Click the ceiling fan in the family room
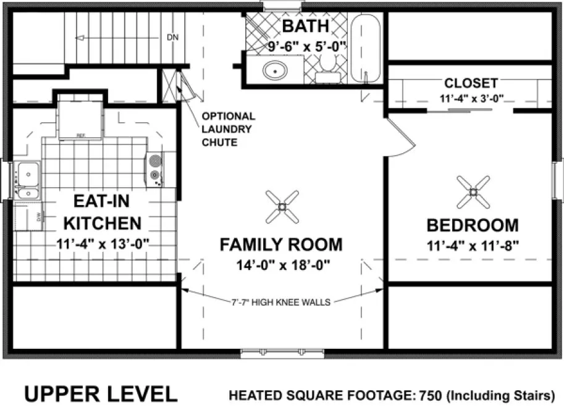pos(282,206)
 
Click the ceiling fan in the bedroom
pos(474,191)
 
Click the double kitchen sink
pos(28,180)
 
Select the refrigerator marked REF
pos(80,120)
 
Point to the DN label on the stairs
pos(173,38)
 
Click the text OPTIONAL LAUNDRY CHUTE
pos(228,129)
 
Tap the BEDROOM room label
pos(472,225)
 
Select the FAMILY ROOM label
pos(281,245)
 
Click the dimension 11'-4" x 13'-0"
pos(103,243)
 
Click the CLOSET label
pos(471,83)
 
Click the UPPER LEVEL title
pos(101,393)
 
